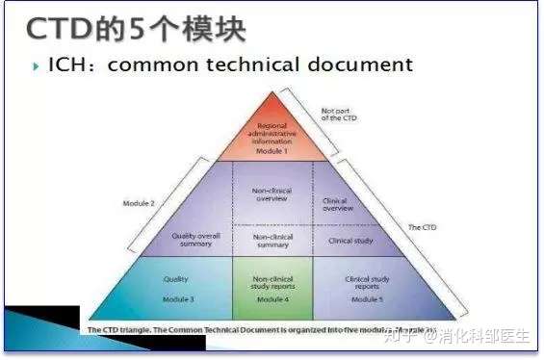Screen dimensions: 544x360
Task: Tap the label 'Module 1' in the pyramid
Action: click(x=271, y=152)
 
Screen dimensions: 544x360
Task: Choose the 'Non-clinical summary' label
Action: click(x=273, y=240)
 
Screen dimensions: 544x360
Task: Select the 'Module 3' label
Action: click(x=178, y=299)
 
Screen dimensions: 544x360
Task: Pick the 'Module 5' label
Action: click(x=367, y=299)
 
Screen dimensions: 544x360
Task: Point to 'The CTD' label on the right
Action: click(x=422, y=227)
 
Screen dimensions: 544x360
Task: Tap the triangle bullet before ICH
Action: click(x=37, y=65)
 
